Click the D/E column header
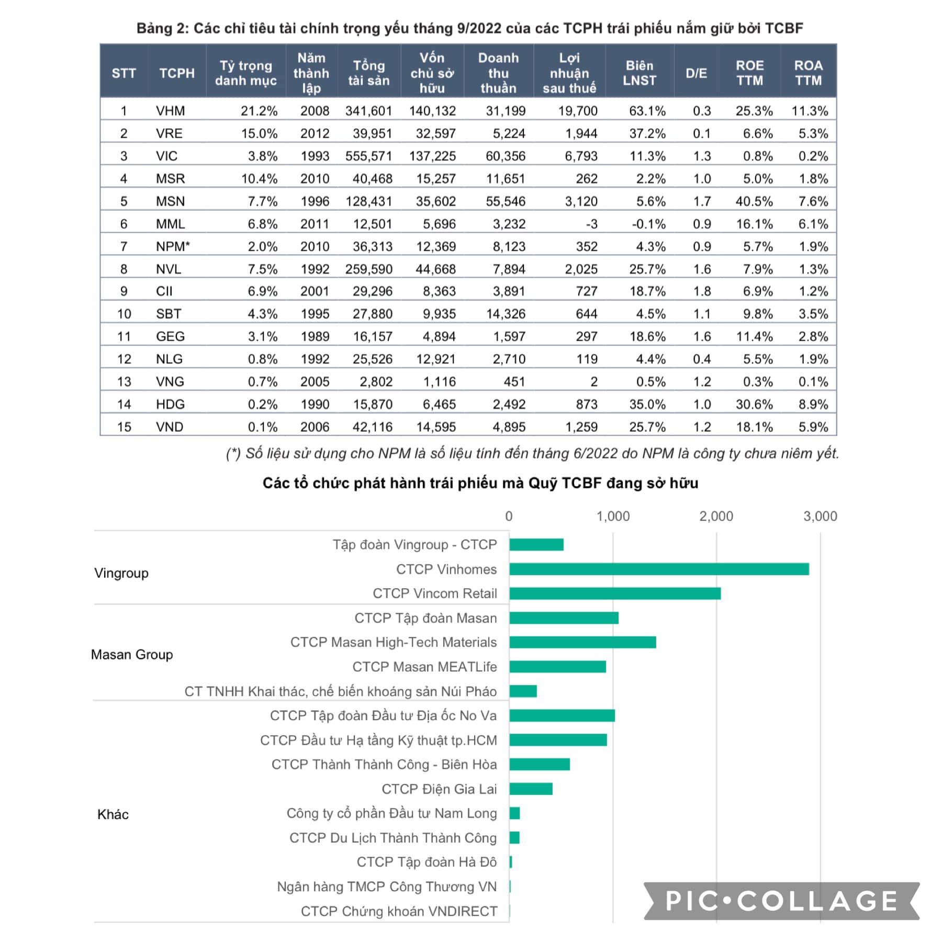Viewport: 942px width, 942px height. pos(696,73)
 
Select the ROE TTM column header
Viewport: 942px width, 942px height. pos(749,73)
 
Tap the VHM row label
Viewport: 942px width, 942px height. pos(171,111)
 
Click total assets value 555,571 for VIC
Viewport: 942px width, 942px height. pos(368,156)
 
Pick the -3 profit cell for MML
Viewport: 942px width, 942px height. pos(591,224)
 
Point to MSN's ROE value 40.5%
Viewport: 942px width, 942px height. pos(754,201)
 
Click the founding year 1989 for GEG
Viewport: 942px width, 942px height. pos(315,336)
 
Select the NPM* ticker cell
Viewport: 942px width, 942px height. pos(173,246)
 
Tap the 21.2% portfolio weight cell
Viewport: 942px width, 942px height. pos(259,111)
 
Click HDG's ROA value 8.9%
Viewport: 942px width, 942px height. pos(813,404)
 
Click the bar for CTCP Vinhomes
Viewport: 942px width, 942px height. pos(659,569)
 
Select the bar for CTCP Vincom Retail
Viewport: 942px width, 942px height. pos(615,593)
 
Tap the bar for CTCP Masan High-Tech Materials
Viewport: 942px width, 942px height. pos(583,642)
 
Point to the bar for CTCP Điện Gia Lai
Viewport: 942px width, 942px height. pos(531,789)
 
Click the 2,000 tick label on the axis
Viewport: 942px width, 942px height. pos(716,516)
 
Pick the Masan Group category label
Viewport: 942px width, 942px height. pos(132,654)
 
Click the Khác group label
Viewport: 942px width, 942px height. pos(113,814)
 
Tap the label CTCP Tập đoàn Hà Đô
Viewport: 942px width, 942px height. pos(427,862)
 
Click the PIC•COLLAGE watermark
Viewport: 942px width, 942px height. pos(781,901)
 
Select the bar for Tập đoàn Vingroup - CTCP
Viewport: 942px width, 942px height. pos(536,545)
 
